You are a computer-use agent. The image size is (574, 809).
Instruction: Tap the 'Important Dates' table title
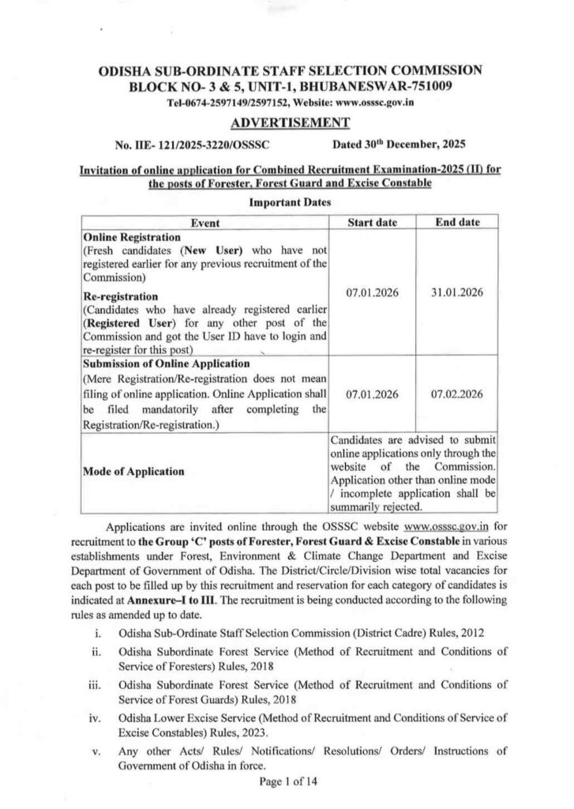tap(286, 202)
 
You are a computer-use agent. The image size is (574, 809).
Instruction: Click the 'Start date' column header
tap(373, 223)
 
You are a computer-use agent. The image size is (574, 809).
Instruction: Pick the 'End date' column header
tap(458, 223)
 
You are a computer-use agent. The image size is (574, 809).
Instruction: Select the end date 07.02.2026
tap(458, 393)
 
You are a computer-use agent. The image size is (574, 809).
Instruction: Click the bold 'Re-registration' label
tap(121, 295)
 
